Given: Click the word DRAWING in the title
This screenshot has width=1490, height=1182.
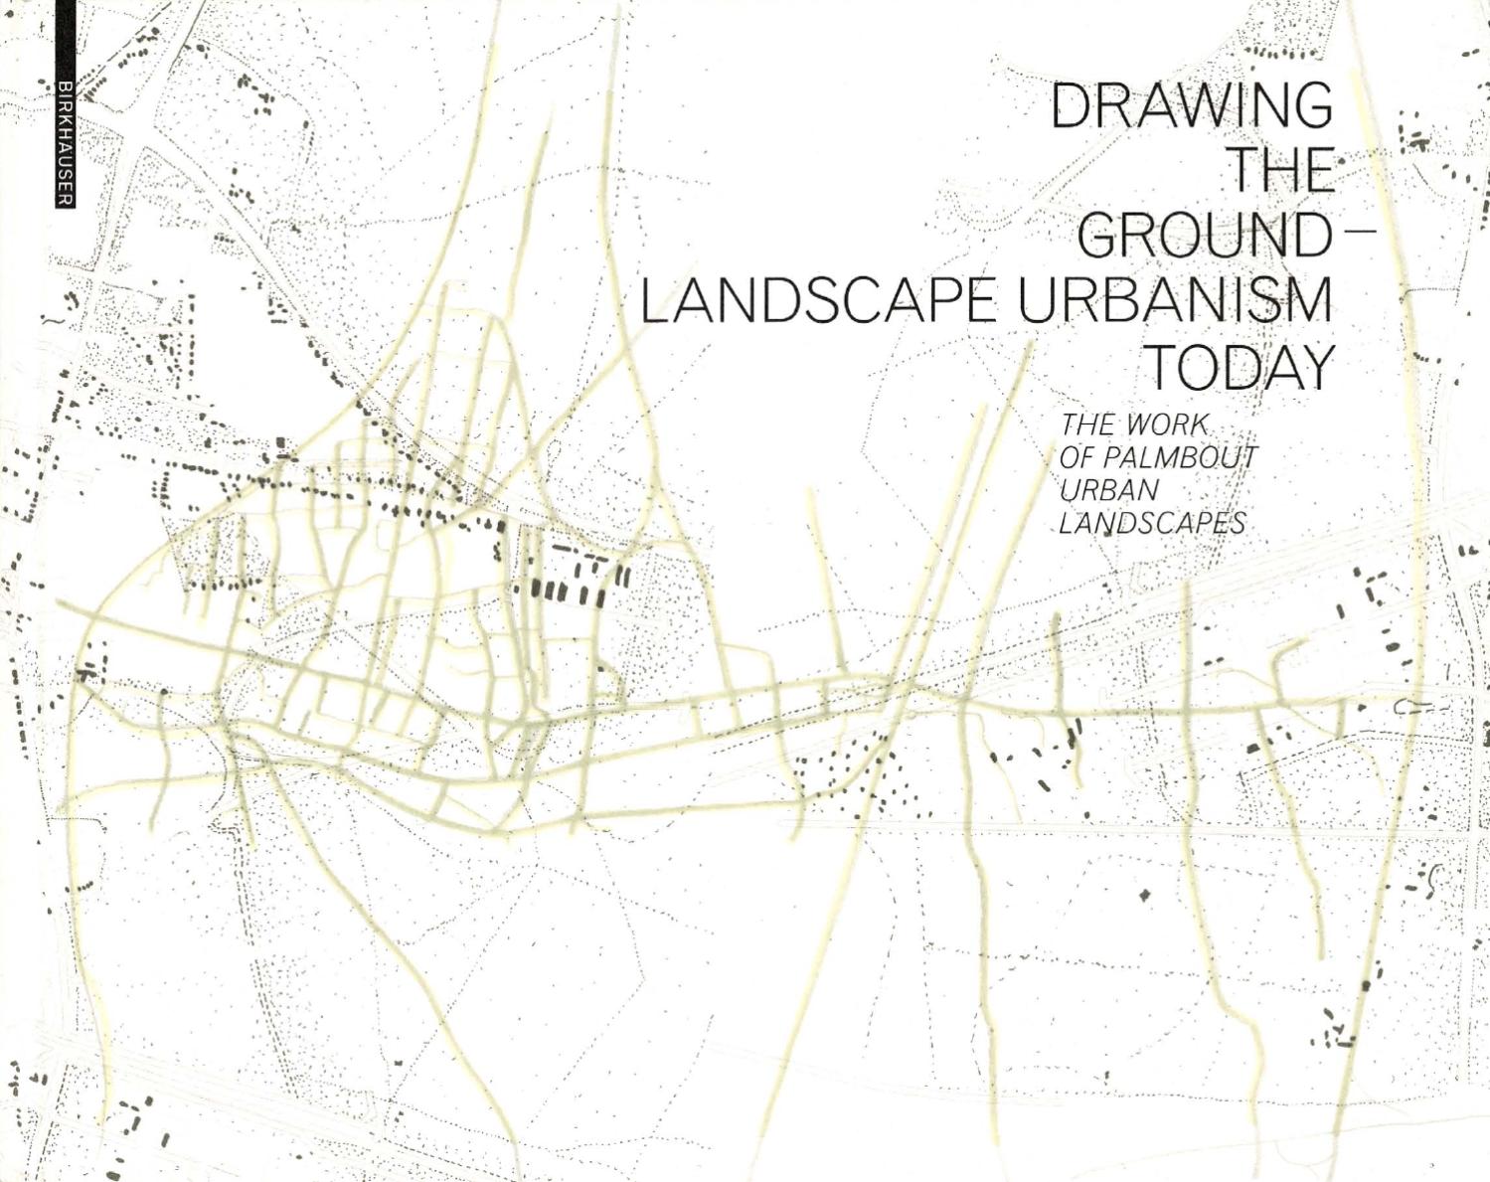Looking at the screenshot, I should [1191, 106].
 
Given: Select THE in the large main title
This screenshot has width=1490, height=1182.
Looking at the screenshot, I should [1280, 170].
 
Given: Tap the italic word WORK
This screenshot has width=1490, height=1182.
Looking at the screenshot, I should [1166, 425].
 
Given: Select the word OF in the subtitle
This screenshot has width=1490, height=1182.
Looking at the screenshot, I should [1076, 458].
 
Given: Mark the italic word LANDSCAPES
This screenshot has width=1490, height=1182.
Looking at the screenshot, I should [1151, 523].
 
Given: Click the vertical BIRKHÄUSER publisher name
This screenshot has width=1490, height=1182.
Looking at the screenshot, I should [64, 139].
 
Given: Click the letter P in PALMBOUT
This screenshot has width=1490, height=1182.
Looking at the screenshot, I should [1107, 458].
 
